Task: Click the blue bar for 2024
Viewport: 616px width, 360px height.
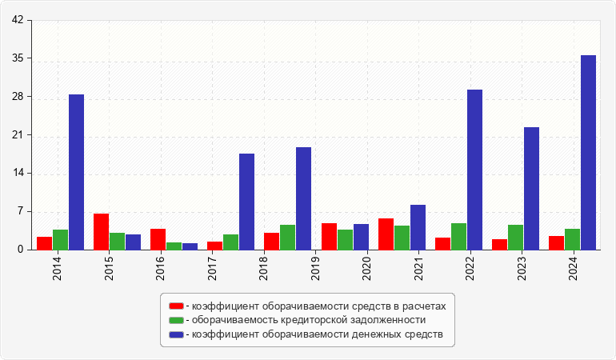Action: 588,152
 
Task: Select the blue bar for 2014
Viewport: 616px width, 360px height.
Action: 76,172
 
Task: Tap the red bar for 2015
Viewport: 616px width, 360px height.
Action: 101,231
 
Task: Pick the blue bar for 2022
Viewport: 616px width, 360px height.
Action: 474,170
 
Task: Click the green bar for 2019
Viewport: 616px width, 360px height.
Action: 287,237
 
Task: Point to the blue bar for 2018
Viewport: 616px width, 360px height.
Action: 246,202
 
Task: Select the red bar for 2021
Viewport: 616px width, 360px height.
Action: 386,234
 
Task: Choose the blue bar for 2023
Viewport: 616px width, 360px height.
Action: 531,188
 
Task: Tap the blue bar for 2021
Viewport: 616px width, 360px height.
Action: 418,227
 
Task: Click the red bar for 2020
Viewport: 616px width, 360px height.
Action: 329,236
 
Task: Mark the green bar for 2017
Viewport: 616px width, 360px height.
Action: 230,242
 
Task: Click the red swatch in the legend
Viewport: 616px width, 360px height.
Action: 176,306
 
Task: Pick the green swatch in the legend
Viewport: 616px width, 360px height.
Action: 176,320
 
